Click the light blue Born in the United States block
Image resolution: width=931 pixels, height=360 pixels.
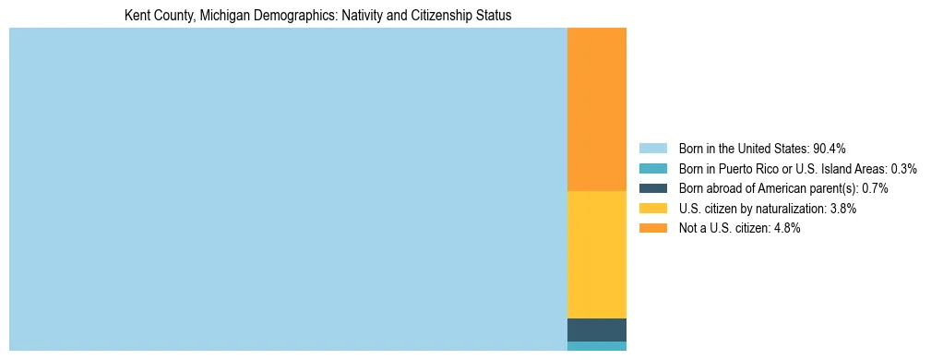click(288, 189)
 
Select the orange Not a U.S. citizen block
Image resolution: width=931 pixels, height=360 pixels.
click(596, 109)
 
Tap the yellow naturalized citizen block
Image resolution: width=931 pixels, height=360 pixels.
click(596, 254)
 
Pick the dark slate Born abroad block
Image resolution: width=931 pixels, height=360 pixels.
click(596, 330)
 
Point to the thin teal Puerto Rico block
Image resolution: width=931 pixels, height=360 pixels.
click(596, 346)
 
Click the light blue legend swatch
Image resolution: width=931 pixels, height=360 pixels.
click(652, 149)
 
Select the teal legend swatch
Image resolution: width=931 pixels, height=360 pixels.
click(652, 169)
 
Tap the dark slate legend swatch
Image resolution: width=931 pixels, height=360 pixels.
click(652, 188)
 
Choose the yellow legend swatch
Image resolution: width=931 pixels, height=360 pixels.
click(652, 209)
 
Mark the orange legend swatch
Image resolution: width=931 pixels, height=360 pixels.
click(652, 229)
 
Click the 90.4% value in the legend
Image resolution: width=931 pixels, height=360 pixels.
click(830, 149)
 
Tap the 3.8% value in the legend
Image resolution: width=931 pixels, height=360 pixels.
click(842, 209)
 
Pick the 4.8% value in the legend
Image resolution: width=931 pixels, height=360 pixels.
click(786, 229)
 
